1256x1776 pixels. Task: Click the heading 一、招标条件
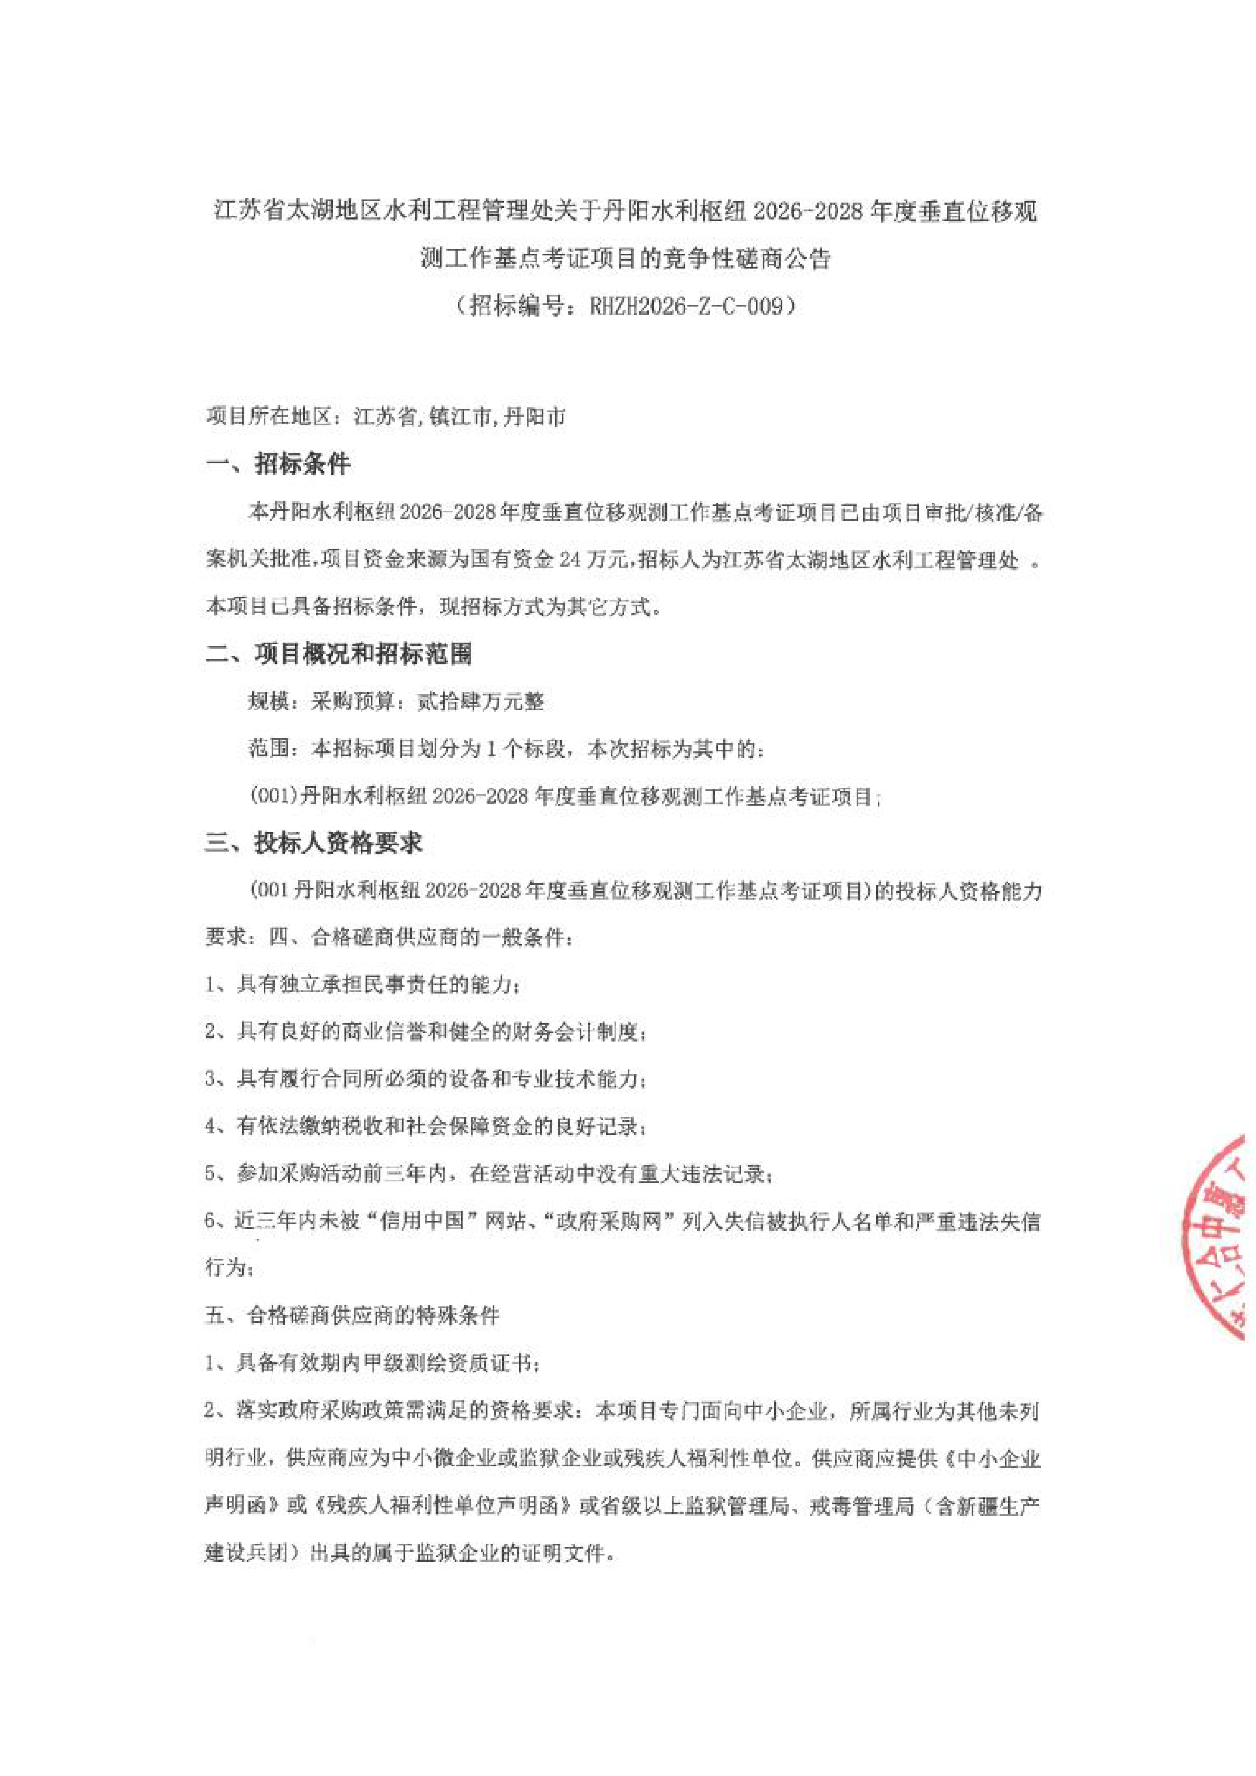tap(279, 464)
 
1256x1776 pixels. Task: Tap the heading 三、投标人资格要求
tap(314, 843)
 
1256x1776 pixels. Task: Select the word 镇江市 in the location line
tap(461, 418)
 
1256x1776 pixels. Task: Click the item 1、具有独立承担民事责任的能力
tap(362, 985)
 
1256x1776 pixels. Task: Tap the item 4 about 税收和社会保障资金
tap(425, 1126)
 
